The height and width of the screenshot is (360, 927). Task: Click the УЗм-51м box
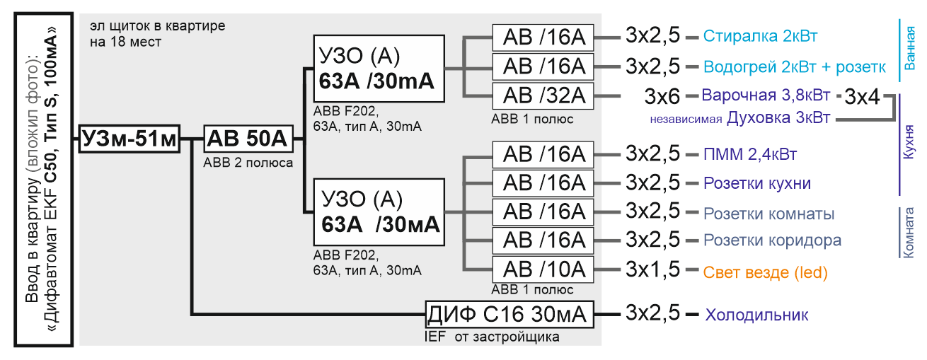coord(129,139)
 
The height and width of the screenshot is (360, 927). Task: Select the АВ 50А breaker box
coord(248,139)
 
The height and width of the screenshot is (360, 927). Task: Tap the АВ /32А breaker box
coord(543,96)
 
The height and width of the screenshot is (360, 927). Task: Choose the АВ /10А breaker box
coord(543,269)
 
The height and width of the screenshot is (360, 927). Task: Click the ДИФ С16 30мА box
coord(509,315)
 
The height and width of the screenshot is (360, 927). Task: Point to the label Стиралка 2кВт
coord(760,36)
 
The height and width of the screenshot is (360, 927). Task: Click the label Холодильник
coord(756,315)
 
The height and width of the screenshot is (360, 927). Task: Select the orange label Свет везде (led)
coord(765,273)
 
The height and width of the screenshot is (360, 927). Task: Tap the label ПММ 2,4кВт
coord(750,154)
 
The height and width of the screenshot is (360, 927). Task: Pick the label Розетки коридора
coord(772,240)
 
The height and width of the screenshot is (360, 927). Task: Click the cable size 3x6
coord(662,97)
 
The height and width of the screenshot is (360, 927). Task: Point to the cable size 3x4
coord(862,97)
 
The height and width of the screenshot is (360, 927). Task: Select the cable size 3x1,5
coord(652,269)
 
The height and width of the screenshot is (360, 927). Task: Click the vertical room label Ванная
coord(909,48)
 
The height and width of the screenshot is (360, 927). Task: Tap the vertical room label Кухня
coord(909,142)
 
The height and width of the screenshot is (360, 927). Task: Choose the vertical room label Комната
coord(909,233)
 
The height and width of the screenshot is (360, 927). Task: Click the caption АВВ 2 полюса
coord(248,163)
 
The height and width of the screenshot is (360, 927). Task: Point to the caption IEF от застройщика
coord(492,337)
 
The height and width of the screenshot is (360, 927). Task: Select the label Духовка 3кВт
coord(778,118)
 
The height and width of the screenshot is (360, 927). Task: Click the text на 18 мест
coord(125,42)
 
